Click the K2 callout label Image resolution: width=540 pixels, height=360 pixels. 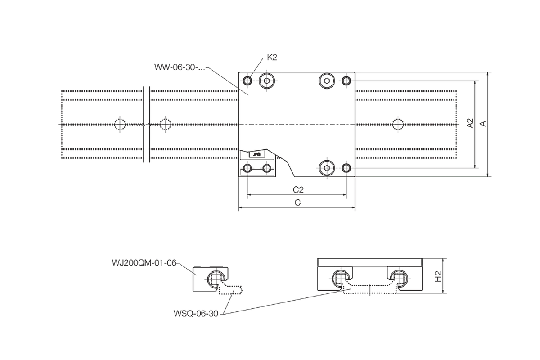(272, 58)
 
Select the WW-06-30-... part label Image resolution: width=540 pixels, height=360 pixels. (180, 67)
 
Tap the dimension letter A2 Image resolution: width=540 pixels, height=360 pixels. (470, 123)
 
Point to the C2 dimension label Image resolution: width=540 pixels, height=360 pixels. (298, 190)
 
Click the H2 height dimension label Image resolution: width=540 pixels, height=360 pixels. (438, 276)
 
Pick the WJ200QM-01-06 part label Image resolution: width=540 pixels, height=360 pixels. (144, 263)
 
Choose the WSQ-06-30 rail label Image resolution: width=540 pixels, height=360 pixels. (196, 314)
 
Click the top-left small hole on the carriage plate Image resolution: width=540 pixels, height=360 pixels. (247, 81)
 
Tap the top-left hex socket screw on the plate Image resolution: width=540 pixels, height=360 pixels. (267, 81)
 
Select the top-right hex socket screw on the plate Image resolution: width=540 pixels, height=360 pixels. (327, 81)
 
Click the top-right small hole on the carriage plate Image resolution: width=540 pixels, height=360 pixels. (346, 81)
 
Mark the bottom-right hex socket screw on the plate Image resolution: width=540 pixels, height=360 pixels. (327, 168)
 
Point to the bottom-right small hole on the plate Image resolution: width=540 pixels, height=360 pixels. (346, 168)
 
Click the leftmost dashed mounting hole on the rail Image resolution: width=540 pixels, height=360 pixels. (120, 124)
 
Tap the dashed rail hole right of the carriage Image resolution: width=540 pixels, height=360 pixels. (398, 124)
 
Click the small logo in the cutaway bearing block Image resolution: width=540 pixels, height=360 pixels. (257, 154)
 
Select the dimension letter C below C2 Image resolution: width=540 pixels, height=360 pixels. (298, 202)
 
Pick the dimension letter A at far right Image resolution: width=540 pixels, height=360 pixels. (483, 124)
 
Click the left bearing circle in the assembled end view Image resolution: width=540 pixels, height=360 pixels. (340, 279)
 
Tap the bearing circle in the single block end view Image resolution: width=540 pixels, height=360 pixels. (216, 279)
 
